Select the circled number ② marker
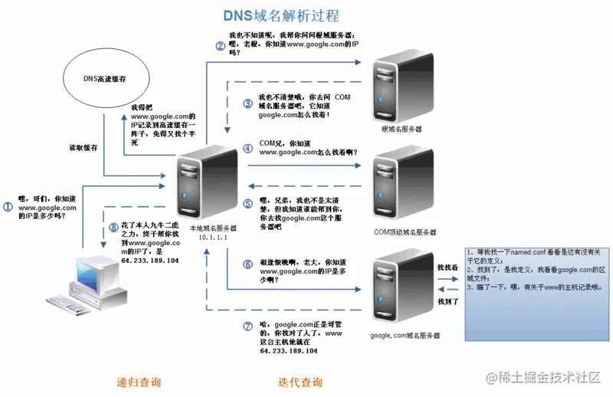coord(220,46)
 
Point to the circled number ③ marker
coord(247,103)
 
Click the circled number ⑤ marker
coord(247,204)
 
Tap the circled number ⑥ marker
coord(247,264)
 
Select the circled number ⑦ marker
coord(247,325)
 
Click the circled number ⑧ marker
coord(113,227)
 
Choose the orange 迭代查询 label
coord(300,382)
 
